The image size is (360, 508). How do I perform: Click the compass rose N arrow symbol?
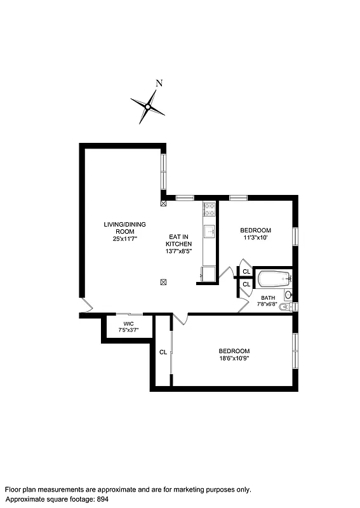point(147,107)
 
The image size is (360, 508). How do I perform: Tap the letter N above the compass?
point(159,83)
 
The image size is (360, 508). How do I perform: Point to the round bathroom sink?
point(288,295)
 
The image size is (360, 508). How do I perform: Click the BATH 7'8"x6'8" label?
point(268,300)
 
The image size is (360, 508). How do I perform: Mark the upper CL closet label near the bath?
point(246,272)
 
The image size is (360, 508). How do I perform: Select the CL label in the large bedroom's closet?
point(163,352)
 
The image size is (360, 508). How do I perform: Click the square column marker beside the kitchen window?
point(163,204)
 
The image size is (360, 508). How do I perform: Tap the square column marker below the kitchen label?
point(163,283)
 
